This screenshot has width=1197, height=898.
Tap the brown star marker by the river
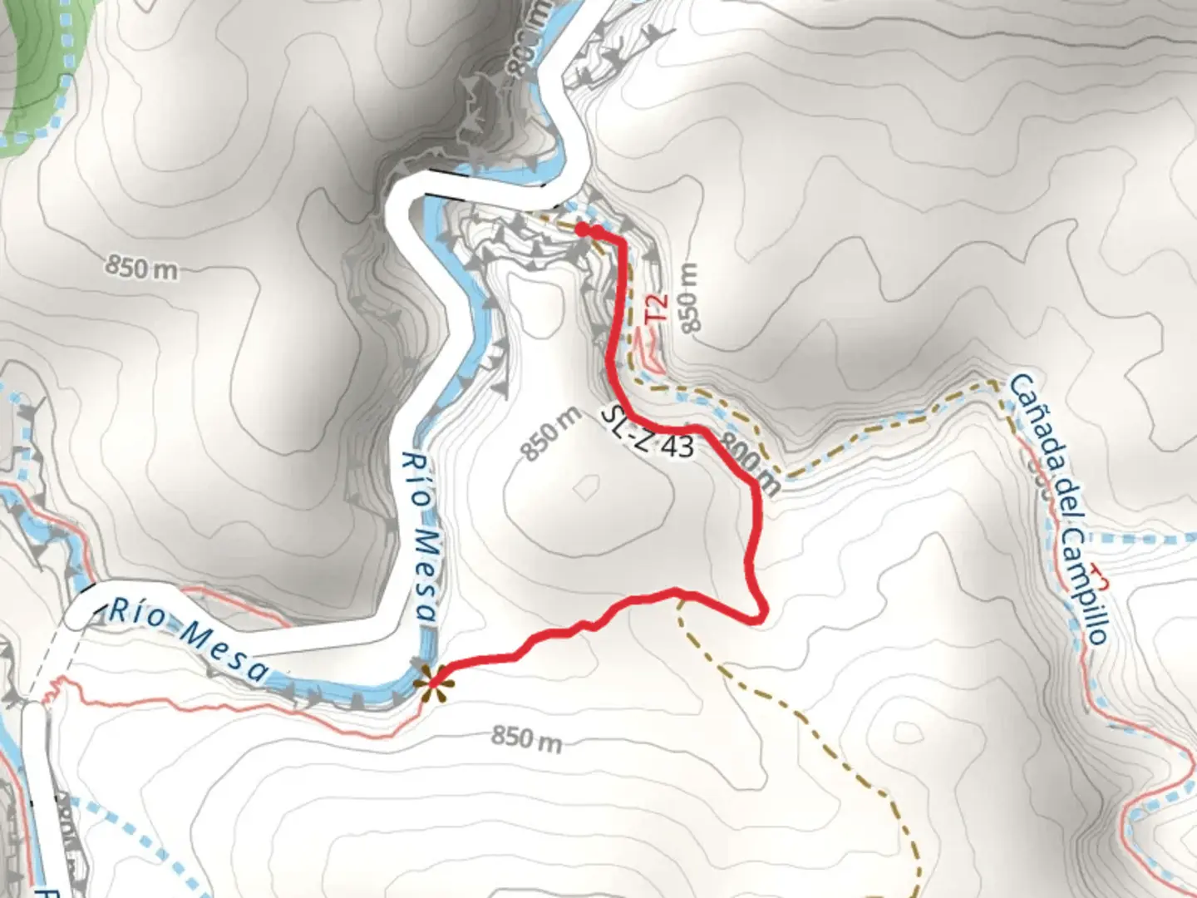430,684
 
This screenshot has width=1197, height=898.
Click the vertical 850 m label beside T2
689,298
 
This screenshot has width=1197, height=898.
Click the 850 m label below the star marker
526,737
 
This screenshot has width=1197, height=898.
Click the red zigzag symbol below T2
649,349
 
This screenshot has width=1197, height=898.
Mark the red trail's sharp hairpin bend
758,616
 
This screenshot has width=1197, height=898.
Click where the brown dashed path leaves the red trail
679,593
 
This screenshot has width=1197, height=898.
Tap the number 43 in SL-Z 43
678,447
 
